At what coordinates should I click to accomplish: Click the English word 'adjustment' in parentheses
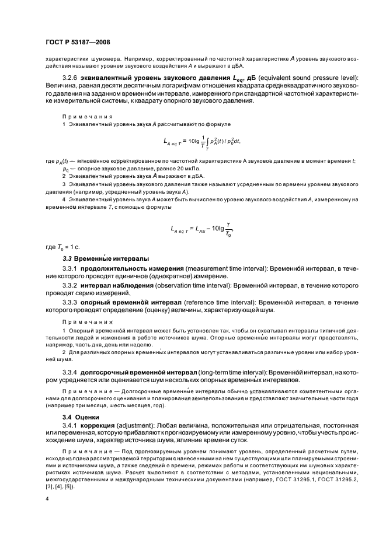click(138, 426)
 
